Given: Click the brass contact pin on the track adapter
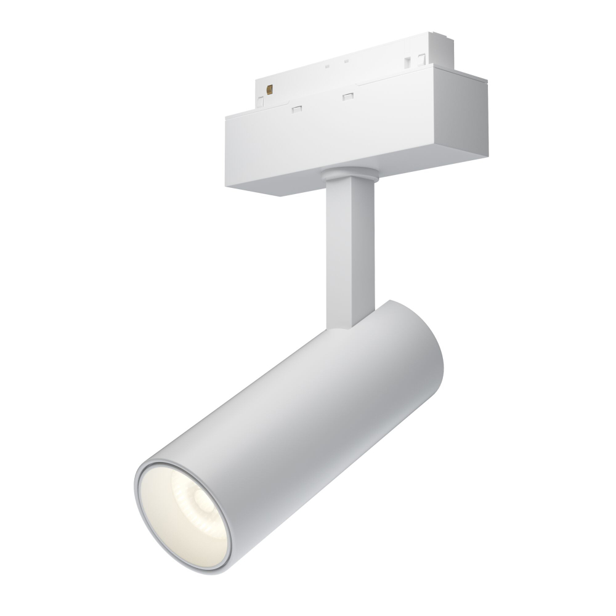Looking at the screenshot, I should [x=269, y=89].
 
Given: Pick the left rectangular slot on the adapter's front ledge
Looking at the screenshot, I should [x=297, y=109].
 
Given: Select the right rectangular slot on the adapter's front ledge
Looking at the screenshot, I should [x=347, y=97].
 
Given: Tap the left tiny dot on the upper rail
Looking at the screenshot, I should [x=328, y=65].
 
